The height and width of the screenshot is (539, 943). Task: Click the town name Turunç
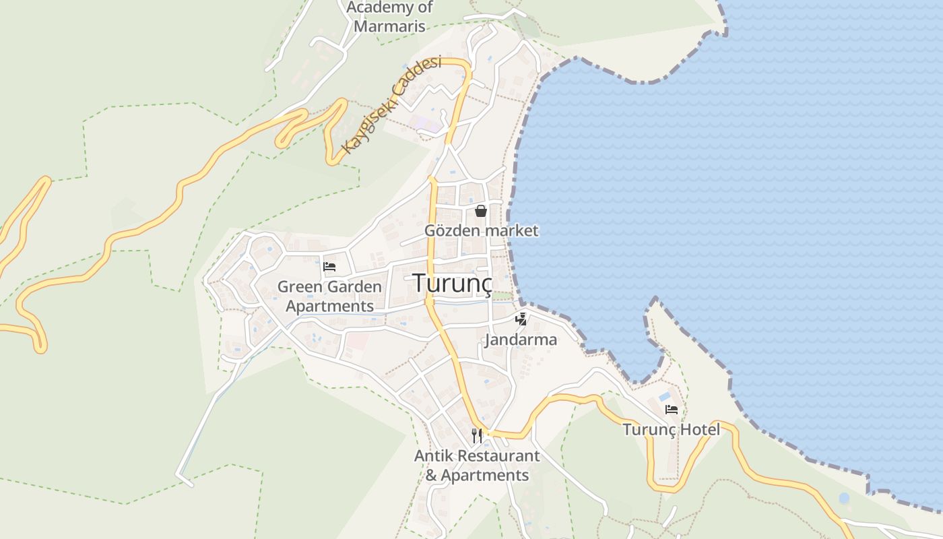pos(452,283)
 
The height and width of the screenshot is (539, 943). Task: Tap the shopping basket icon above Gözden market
pos(481,211)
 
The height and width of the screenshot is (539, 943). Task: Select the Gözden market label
pos(481,230)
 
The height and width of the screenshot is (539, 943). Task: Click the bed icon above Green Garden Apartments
pos(329,267)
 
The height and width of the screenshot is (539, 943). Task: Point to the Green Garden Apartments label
pos(329,296)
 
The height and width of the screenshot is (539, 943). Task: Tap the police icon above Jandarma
pos(521,319)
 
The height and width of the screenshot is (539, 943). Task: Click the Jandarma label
pos(521,340)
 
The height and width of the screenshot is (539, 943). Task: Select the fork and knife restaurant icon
pos(477,436)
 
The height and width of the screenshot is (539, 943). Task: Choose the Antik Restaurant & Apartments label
pos(477,466)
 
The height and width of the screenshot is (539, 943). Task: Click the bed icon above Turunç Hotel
pos(671,410)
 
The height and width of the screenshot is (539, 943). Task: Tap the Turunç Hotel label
pos(671,429)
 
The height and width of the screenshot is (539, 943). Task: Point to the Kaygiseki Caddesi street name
pos(391,105)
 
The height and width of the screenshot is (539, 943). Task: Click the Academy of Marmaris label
pos(389,17)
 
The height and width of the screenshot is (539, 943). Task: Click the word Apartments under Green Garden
pos(329,306)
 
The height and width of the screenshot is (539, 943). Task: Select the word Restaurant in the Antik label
pos(498,456)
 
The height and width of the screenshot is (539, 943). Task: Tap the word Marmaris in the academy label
pos(389,26)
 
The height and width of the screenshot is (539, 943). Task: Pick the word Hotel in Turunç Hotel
pos(700,429)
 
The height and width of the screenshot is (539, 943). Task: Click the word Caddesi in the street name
pos(419,79)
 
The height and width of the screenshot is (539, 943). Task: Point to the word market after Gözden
pos(511,230)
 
